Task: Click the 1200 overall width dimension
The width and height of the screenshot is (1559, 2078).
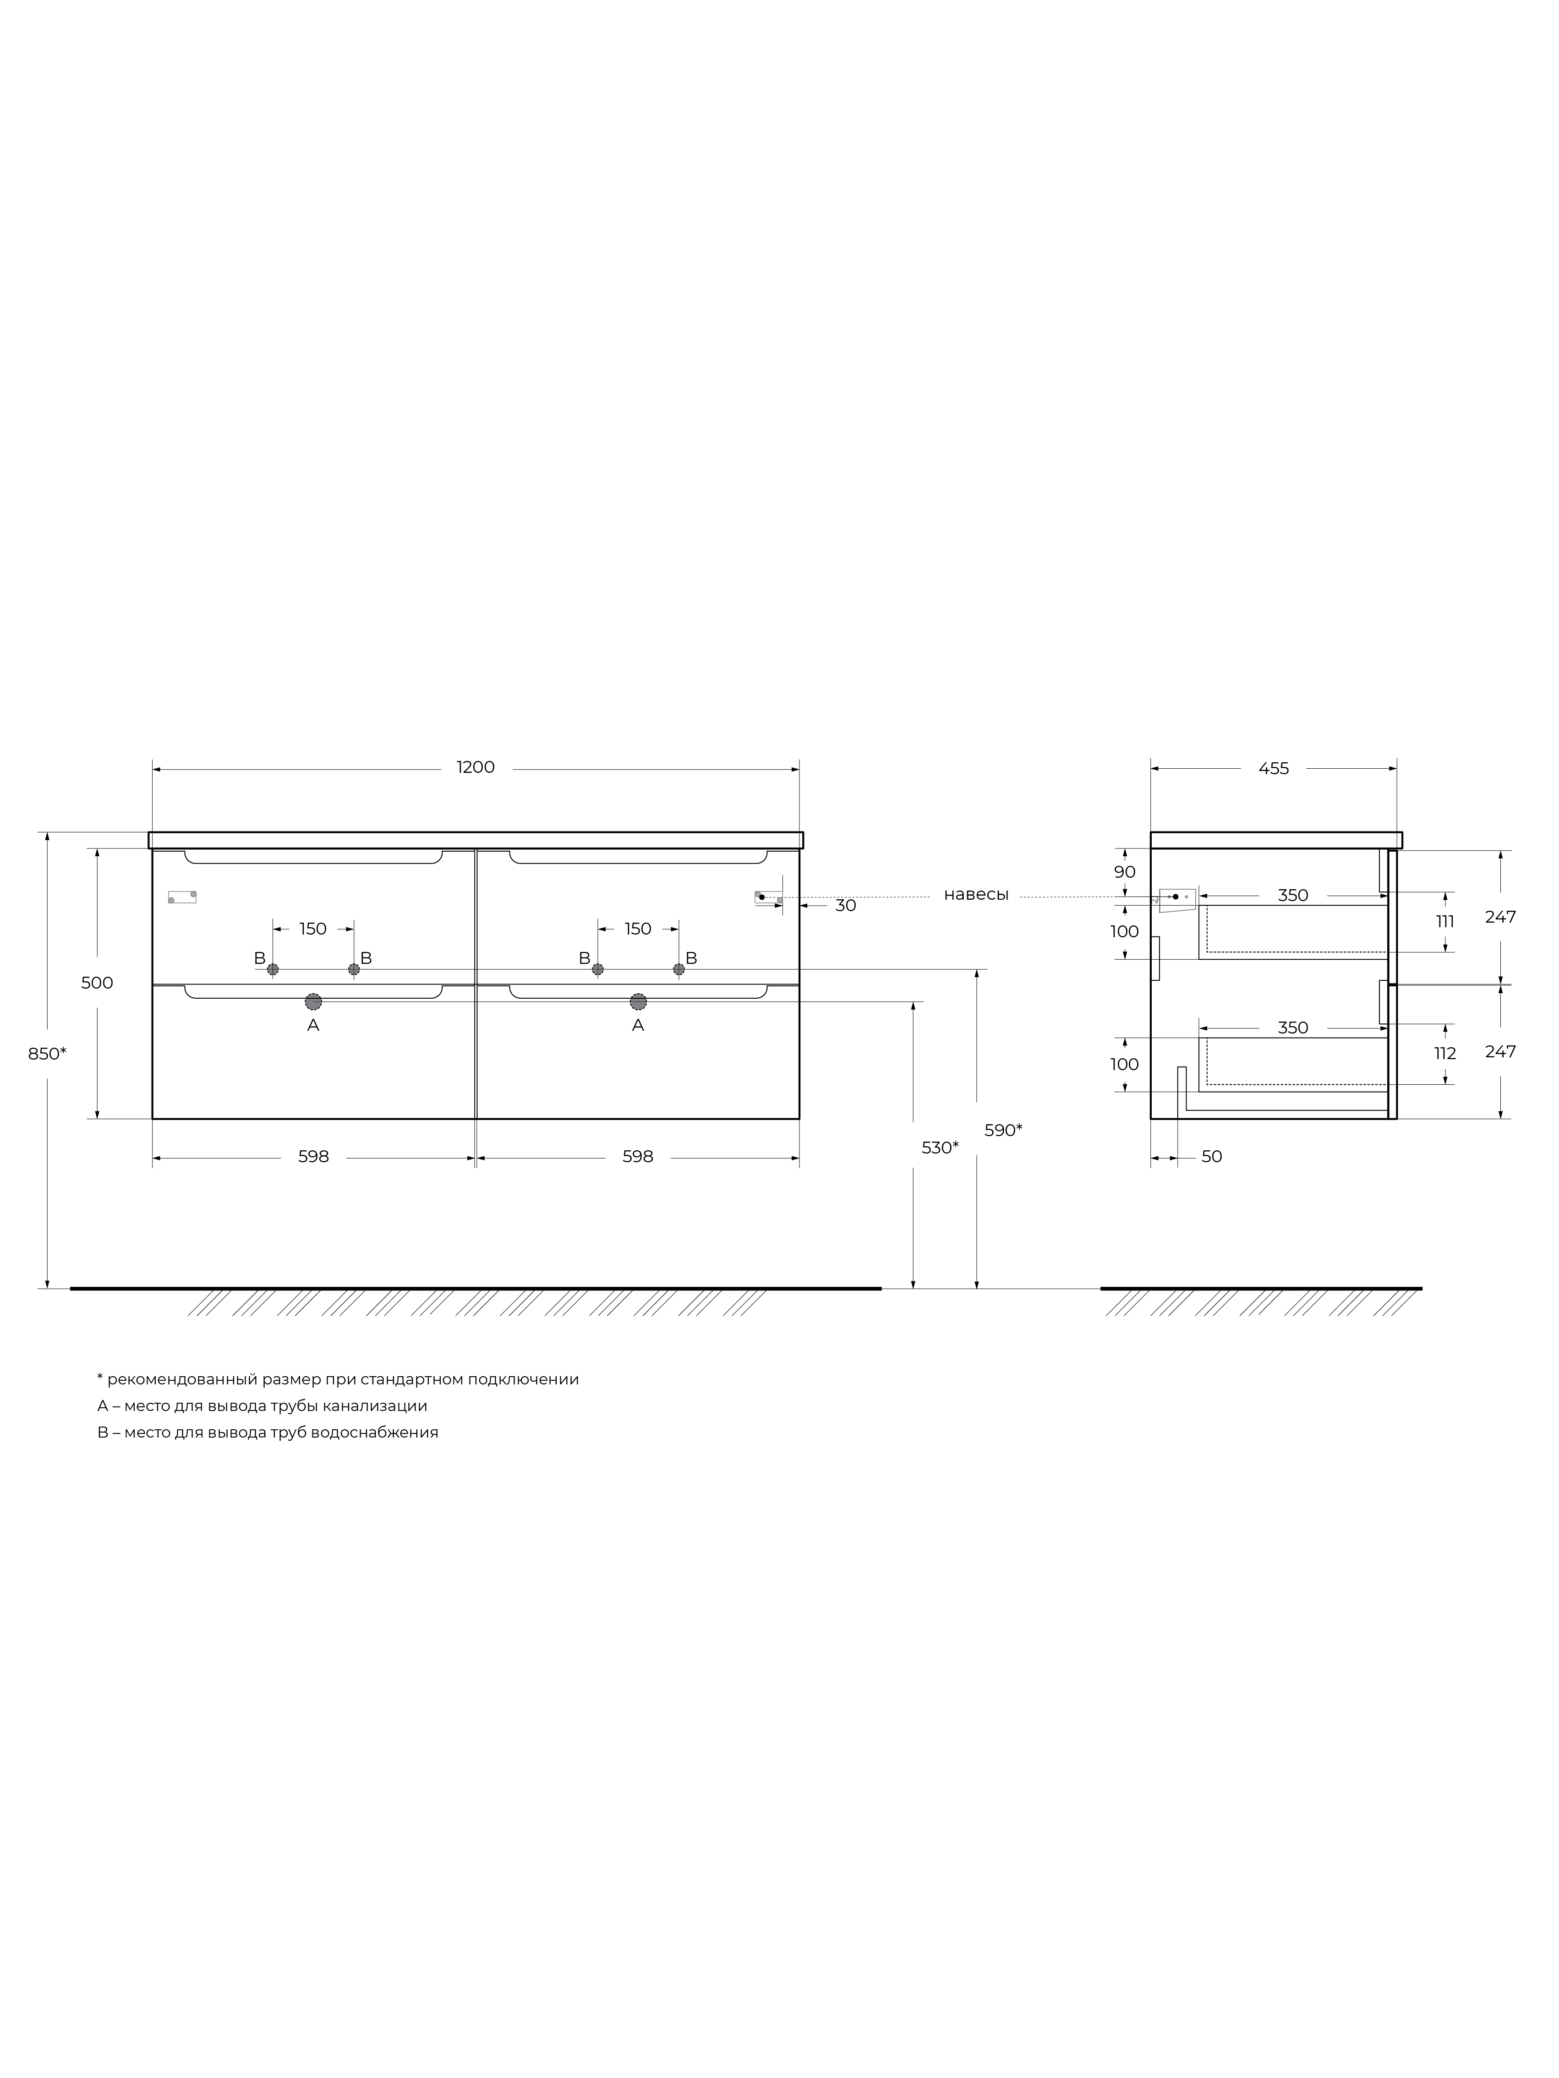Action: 476,767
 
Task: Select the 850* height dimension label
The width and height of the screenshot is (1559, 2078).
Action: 47,1054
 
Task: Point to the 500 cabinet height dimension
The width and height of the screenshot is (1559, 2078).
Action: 97,983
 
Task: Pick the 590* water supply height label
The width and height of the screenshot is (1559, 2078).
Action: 1004,1130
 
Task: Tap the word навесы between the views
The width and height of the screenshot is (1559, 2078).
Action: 976,895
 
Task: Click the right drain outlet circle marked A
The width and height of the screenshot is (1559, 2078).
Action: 638,1001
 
